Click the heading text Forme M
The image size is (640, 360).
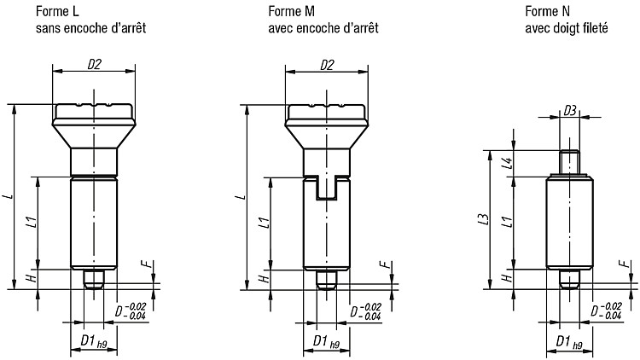click(x=292, y=11)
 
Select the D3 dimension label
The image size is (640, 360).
click(x=570, y=110)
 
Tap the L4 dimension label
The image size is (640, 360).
click(x=508, y=163)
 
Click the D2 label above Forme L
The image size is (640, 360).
click(x=94, y=65)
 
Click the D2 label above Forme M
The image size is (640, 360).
click(x=327, y=65)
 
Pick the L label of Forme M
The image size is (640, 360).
click(x=242, y=197)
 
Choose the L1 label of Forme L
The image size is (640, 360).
click(x=32, y=222)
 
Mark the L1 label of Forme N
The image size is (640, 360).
click(x=508, y=222)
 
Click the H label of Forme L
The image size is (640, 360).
click(x=32, y=278)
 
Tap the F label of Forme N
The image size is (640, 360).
click(x=624, y=264)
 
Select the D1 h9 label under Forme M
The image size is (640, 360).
click(x=326, y=341)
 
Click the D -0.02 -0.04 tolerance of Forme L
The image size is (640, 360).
click(x=131, y=311)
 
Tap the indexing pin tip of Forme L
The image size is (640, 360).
click(x=94, y=279)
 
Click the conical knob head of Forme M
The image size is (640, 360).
click(x=327, y=126)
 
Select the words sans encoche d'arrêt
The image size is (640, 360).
click(x=91, y=28)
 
